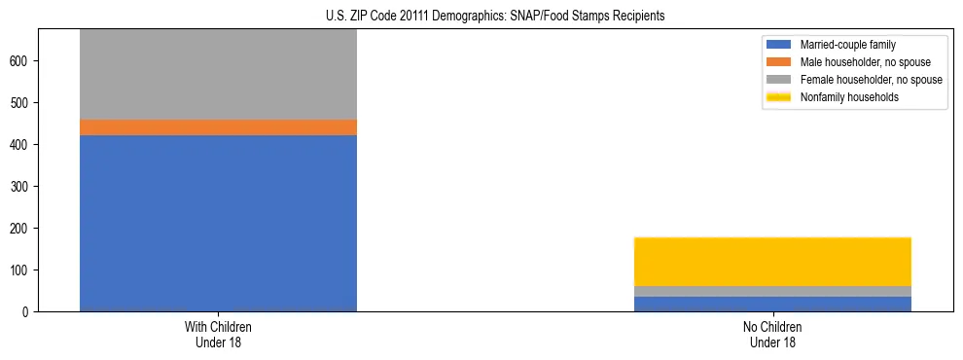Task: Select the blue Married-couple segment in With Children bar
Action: tap(218, 223)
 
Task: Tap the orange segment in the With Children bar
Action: tap(218, 127)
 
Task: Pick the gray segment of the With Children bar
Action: tap(218, 74)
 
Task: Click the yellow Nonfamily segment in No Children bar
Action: tap(772, 262)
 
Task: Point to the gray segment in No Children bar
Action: tap(772, 291)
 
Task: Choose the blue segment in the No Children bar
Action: tap(772, 304)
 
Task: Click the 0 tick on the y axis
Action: tap(28, 311)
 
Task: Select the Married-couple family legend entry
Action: tap(847, 45)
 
